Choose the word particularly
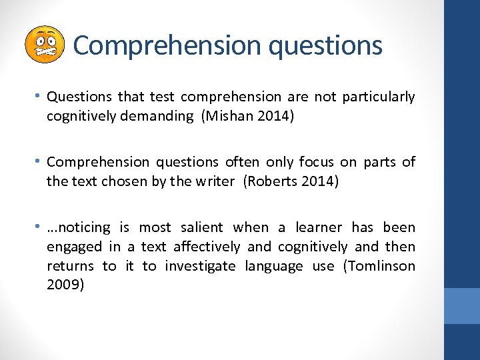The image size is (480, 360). [378, 97]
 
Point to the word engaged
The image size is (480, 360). [73, 247]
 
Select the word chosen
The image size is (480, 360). [123, 181]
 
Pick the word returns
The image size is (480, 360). [69, 266]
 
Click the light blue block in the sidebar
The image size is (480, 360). [462, 305]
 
